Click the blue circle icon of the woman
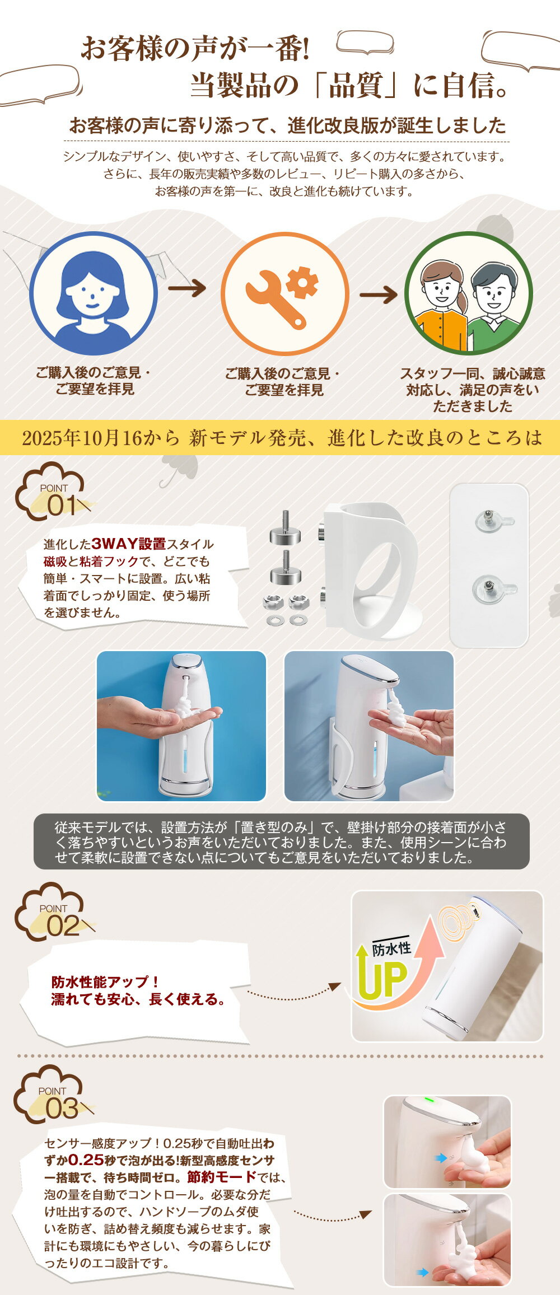click(94, 293)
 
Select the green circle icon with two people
click(468, 293)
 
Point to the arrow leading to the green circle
click(379, 294)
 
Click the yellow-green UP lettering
click(383, 979)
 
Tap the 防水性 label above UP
click(391, 948)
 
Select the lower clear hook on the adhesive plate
click(494, 590)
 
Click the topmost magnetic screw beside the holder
click(285, 527)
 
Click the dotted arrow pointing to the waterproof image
click(294, 992)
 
